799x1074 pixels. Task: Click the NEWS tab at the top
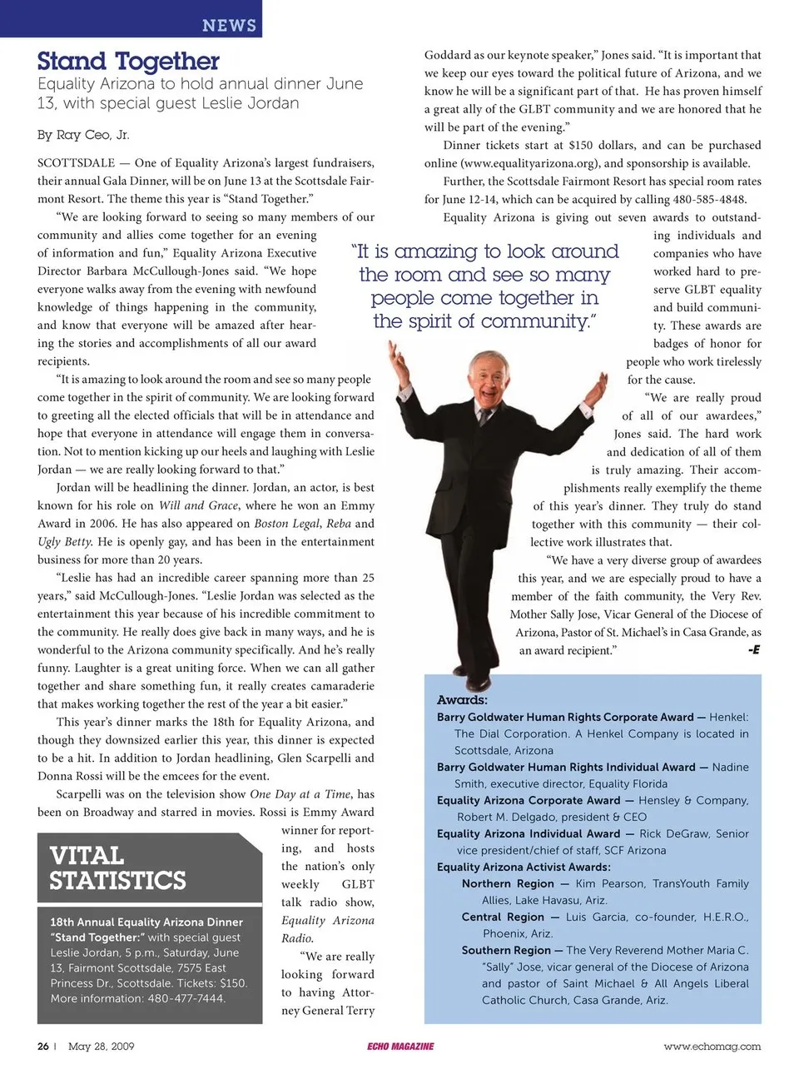229,25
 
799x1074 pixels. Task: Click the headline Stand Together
128,62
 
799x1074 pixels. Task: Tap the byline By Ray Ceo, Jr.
83,135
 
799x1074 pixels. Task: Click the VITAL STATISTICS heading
117,868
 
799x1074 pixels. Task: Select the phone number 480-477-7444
186,998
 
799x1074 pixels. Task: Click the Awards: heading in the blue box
462,700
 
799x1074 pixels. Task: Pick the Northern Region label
508,883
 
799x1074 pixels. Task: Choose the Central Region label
503,917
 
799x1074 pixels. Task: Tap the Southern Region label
506,950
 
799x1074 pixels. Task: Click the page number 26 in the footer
43,1047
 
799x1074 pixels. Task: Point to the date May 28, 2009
101,1047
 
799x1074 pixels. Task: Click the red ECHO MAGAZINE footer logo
400,1047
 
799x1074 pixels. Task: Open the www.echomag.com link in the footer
712,1047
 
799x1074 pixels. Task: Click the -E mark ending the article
753,649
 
